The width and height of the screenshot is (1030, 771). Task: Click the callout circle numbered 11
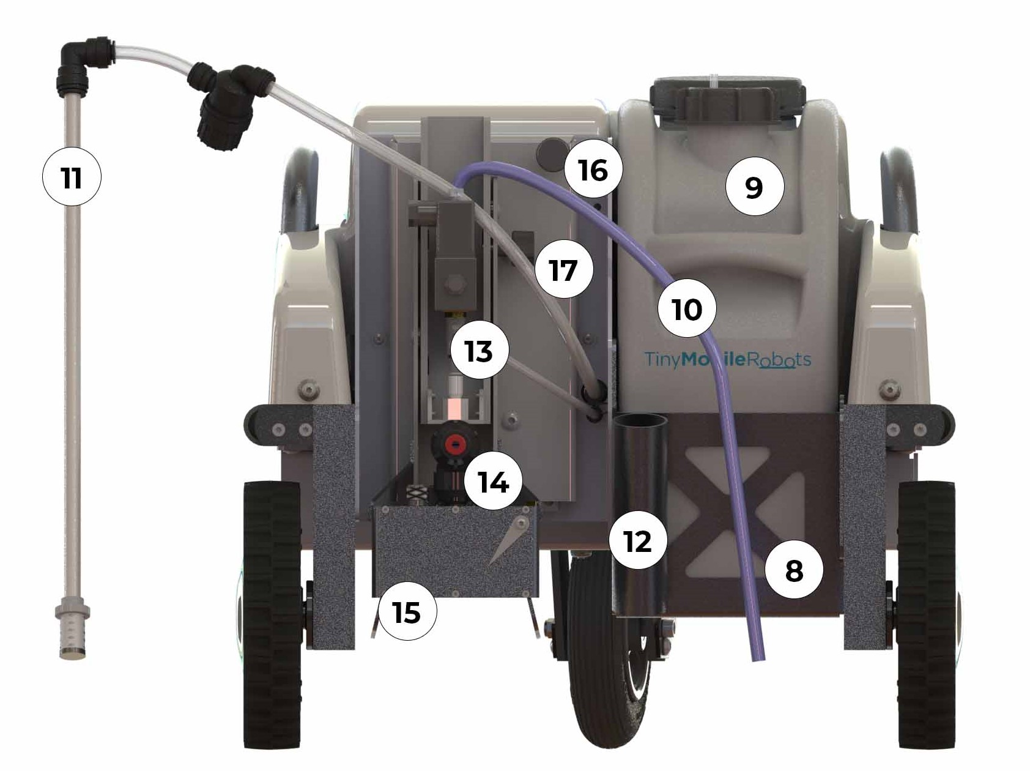(x=71, y=178)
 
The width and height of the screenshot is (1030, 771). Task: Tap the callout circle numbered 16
(x=593, y=169)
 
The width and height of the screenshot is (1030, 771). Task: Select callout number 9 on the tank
(x=754, y=187)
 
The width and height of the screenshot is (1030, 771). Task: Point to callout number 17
(x=563, y=269)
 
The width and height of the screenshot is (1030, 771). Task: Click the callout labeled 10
(x=687, y=309)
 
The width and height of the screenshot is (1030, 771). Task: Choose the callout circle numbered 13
(x=479, y=351)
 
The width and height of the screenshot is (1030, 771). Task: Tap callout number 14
(x=494, y=482)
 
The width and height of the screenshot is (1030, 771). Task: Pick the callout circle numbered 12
(x=637, y=541)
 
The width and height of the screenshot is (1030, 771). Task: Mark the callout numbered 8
(x=793, y=570)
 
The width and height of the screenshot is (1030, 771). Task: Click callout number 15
(x=407, y=611)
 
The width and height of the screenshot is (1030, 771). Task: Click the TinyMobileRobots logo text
(x=728, y=359)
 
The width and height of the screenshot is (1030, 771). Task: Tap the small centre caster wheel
(x=608, y=655)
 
